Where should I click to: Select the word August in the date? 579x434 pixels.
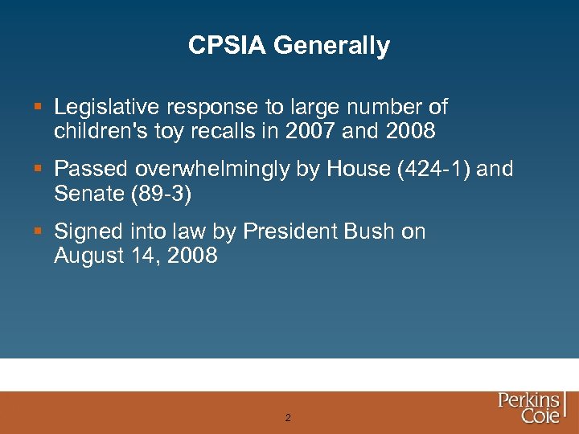tap(88, 256)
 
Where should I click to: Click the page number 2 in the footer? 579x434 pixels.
tap(288, 418)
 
